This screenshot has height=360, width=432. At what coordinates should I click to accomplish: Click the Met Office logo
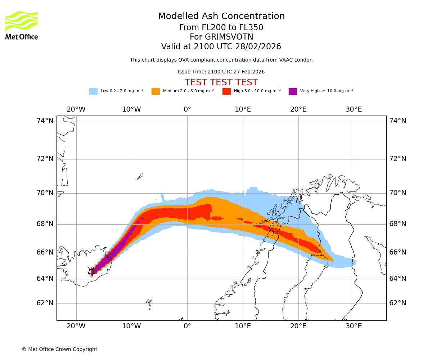point(22,25)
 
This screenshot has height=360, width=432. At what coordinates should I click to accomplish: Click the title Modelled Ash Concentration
point(221,16)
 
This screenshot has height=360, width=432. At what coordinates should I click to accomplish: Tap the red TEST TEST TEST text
point(221,82)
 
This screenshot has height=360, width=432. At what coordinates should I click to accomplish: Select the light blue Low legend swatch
point(93,91)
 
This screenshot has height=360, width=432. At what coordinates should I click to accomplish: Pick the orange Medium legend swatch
point(156,91)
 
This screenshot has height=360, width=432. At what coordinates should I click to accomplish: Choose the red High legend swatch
point(226,91)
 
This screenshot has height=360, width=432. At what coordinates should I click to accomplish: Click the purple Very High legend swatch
point(293,91)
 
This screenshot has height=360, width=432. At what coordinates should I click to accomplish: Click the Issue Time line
point(221,72)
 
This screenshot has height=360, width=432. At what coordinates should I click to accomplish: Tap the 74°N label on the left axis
point(45,121)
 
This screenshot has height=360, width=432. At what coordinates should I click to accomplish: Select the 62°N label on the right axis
point(398,303)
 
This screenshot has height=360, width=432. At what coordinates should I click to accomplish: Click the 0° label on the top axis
point(187,109)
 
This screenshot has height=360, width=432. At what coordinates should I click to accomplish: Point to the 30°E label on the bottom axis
point(354,326)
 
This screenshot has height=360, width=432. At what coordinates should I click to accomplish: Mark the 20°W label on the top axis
point(76,109)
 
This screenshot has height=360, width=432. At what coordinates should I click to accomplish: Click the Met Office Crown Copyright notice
point(59,349)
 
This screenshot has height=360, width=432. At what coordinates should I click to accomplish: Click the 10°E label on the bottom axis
point(243,326)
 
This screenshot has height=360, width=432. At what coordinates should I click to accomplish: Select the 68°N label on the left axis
point(45,224)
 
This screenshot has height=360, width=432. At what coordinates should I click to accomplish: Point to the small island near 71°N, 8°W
point(140,176)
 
